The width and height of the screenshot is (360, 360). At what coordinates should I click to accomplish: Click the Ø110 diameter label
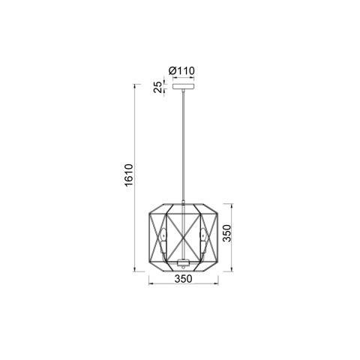(183, 70)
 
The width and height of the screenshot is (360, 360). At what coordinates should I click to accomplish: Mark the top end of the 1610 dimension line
(136, 83)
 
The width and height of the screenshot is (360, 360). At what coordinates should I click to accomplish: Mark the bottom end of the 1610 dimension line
(136, 271)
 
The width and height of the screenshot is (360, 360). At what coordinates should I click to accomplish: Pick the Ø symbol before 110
(173, 70)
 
